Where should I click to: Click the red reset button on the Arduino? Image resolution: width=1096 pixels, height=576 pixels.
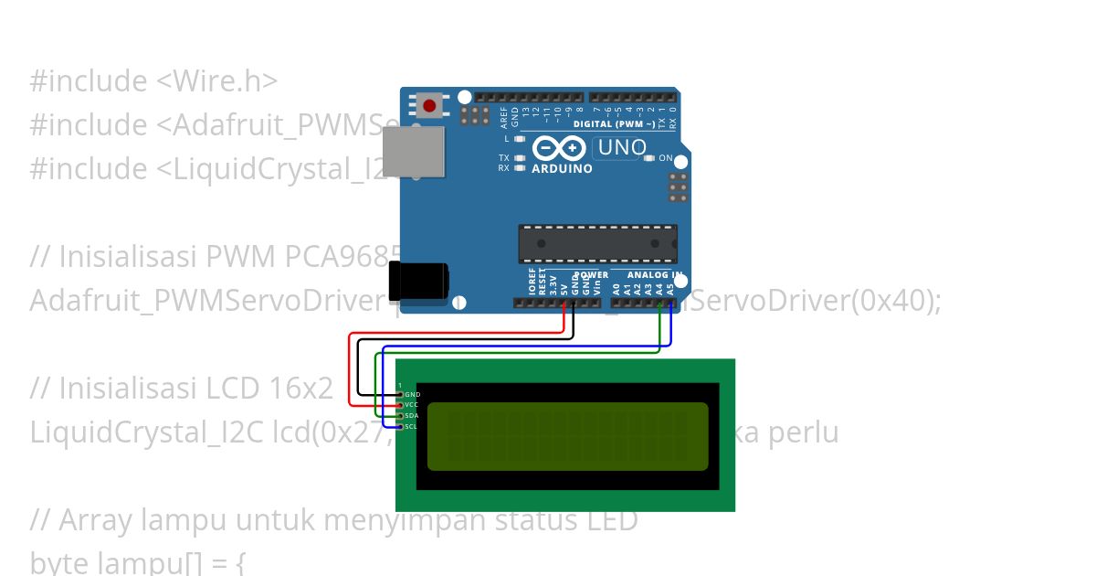pos(429,105)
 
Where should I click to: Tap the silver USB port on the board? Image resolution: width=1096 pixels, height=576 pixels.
pos(413,151)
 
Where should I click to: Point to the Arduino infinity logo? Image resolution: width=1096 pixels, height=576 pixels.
pos(558,149)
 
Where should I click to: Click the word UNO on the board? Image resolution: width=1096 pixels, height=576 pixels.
pos(622,148)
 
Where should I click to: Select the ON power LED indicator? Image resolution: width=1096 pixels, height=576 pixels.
pos(649,158)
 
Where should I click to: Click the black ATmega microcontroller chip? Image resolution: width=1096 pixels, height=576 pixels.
pos(597,243)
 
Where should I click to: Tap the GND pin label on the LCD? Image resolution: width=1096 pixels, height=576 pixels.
pos(412,394)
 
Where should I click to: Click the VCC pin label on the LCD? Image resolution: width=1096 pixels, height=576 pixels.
pos(412,405)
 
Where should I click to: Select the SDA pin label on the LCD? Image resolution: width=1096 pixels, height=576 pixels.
pos(412,416)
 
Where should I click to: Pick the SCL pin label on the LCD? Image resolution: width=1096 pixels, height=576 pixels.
pos(412,426)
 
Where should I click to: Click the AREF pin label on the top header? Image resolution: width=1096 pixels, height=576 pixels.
pos(504,116)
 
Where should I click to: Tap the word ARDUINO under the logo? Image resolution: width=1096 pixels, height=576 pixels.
pos(562,169)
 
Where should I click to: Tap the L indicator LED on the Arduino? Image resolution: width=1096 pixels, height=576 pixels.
pos(519,139)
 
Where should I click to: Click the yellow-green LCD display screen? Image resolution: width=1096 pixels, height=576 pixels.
pos(567,436)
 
